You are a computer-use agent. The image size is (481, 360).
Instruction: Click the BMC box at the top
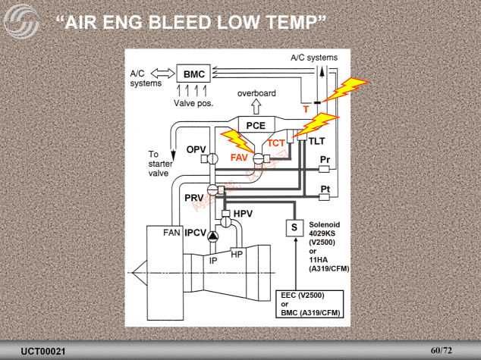pos(193,74)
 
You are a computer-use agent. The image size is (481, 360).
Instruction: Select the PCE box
pos(256,126)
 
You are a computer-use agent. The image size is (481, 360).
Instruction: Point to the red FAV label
pos(240,158)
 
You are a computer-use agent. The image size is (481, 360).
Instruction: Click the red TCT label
pos(276,142)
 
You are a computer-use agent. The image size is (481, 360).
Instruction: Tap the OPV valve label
pos(196,149)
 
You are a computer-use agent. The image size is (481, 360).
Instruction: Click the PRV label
pos(194,197)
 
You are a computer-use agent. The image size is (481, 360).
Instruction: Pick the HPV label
pos(243,214)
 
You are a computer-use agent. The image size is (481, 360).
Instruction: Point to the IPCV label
pos(196,233)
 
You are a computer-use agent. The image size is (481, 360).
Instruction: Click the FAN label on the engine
pos(171,233)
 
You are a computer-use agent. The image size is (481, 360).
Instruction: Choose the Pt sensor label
pos(325,188)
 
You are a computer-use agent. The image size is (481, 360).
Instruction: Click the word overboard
pos(256,93)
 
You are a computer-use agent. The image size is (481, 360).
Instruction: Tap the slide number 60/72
pos(441,350)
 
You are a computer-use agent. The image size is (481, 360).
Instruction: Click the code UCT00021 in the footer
pos(43,352)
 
